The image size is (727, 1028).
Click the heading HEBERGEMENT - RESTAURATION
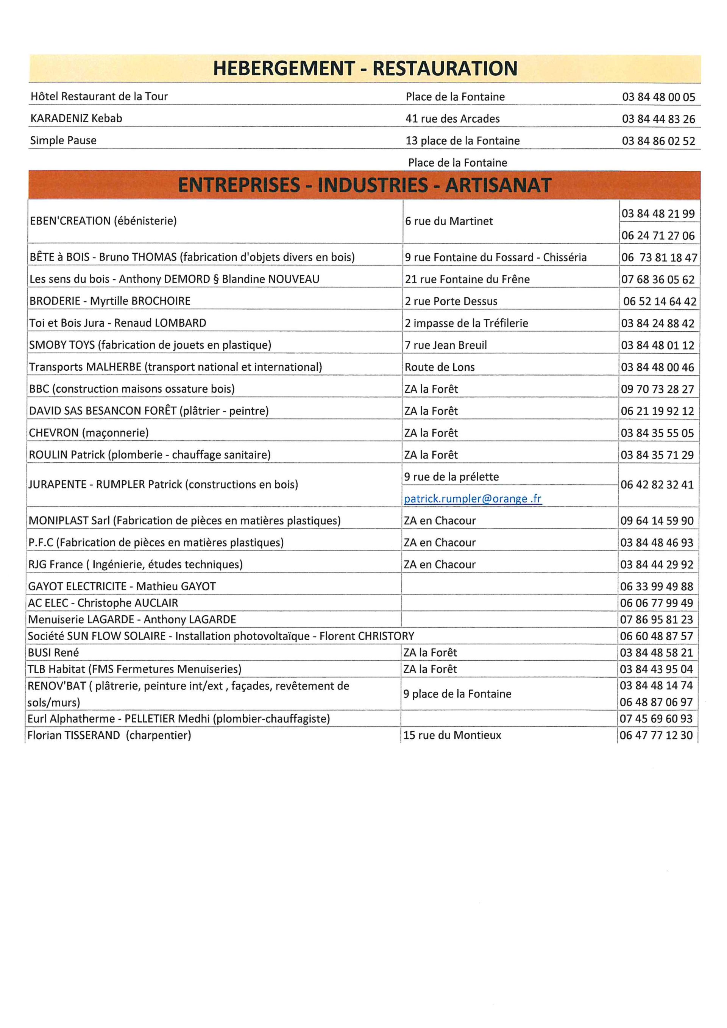point(365,69)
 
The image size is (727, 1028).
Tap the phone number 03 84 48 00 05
point(658,97)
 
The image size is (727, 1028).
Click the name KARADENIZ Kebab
point(76,119)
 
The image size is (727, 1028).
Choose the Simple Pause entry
point(63,140)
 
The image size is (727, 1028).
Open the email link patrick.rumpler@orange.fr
point(472,499)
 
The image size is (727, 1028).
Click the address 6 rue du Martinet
point(449,221)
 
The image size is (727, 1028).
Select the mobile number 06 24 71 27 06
point(658,236)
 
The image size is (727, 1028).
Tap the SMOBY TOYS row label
point(150,345)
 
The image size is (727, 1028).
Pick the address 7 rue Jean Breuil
point(445,345)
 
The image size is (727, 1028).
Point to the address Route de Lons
point(439,368)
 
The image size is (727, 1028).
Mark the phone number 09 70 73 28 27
point(657,390)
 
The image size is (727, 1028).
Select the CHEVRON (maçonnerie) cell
point(89,433)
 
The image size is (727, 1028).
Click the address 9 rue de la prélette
point(451,477)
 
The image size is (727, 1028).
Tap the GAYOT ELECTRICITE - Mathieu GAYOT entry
point(122,587)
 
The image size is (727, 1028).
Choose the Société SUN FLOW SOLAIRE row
point(221,636)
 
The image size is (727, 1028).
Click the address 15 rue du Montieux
point(452,735)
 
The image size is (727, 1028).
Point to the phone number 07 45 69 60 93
point(656,719)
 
